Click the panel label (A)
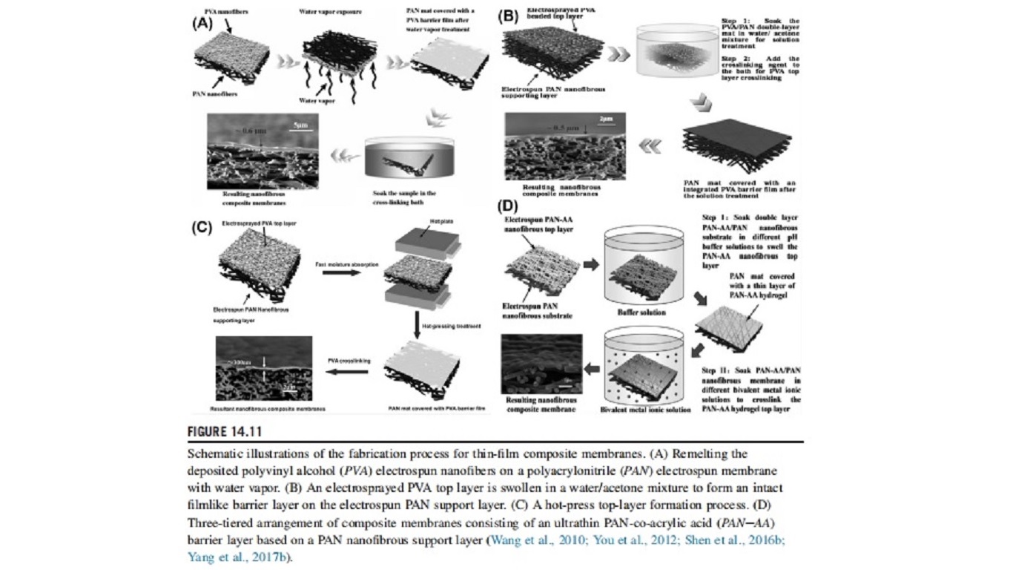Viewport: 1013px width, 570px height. click(x=202, y=23)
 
